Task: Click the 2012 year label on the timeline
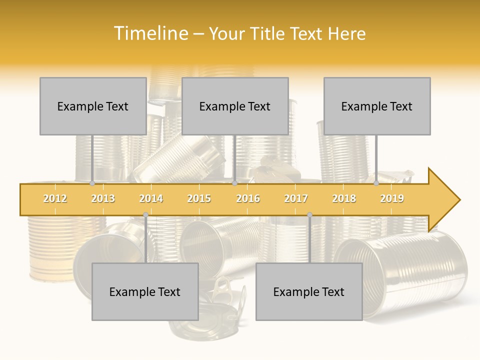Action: pyautogui.click(x=55, y=198)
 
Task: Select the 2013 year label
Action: pyautogui.click(x=103, y=198)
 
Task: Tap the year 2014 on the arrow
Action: pyautogui.click(x=151, y=198)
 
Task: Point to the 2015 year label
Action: pyautogui.click(x=199, y=198)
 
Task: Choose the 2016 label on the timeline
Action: pyautogui.click(x=248, y=198)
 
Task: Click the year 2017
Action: pyautogui.click(x=296, y=198)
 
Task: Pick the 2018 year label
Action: pyautogui.click(x=344, y=198)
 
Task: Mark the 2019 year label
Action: pyautogui.click(x=392, y=198)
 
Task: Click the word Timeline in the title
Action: pyautogui.click(x=150, y=33)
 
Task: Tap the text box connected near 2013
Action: pyautogui.click(x=93, y=106)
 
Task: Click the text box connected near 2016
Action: pyautogui.click(x=235, y=106)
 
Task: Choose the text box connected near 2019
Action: pyautogui.click(x=377, y=106)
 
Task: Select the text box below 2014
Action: pyautogui.click(x=145, y=291)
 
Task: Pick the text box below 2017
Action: pyautogui.click(x=309, y=291)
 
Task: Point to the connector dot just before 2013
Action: pyautogui.click(x=92, y=183)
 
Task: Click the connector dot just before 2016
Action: pyautogui.click(x=234, y=183)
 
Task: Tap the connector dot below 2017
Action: pyautogui.click(x=309, y=215)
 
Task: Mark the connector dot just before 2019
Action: pyautogui.click(x=376, y=183)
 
